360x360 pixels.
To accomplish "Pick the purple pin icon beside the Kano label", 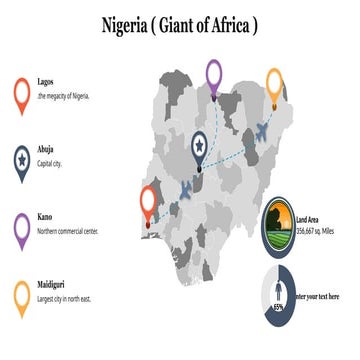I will click(x=21, y=228).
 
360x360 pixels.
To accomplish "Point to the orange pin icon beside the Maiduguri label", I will click(x=21, y=296).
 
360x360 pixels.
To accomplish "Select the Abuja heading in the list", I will click(x=46, y=153).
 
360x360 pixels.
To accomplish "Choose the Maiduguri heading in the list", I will click(x=52, y=284).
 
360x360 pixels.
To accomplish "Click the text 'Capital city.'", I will click(x=51, y=165).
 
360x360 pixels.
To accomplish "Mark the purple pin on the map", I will click(x=213, y=76).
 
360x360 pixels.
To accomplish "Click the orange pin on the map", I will click(x=274, y=84).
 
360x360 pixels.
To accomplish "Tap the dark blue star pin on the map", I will click(x=200, y=148).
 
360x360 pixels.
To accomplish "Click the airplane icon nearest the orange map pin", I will click(x=263, y=130).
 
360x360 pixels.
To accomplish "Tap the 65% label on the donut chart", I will click(x=278, y=307).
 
